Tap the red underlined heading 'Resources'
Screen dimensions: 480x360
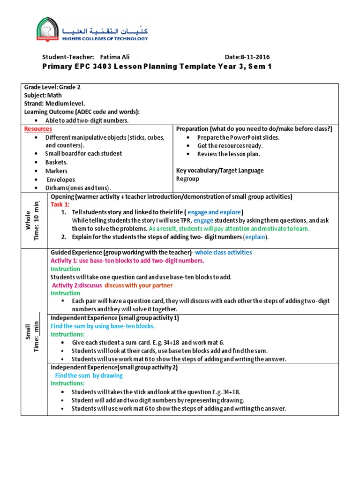pyautogui.click(x=38, y=129)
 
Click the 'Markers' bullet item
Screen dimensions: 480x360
pyautogui.click(x=56, y=171)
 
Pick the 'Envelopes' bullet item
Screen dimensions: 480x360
pyautogui.click(x=60, y=180)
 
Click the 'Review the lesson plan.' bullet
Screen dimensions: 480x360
pyautogui.click(x=229, y=154)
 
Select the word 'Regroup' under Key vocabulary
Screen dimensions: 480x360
pyautogui.click(x=187, y=179)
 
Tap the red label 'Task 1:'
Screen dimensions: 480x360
pyautogui.click(x=60, y=204)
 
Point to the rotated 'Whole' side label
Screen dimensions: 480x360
pyautogui.click(x=29, y=220)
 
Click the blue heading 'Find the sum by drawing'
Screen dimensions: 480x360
pyautogui.click(x=89, y=375)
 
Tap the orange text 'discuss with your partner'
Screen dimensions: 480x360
pyautogui.click(x=138, y=285)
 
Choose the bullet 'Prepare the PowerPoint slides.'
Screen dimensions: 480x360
pyautogui.click(x=238, y=137)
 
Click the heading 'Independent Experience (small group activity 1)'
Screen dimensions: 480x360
pyautogui.click(x=115, y=318)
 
